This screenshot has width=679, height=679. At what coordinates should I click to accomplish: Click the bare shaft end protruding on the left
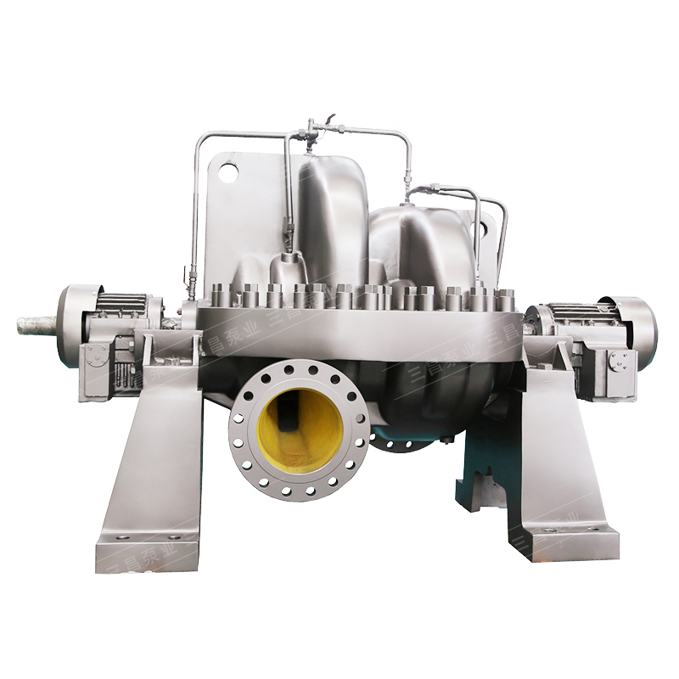coord(34,323)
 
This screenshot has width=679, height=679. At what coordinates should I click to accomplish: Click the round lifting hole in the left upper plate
coord(228,173)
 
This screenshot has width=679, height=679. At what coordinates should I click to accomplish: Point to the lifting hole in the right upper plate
coord(486,228)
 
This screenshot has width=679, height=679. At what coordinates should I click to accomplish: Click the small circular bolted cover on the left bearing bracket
coord(97,360)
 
